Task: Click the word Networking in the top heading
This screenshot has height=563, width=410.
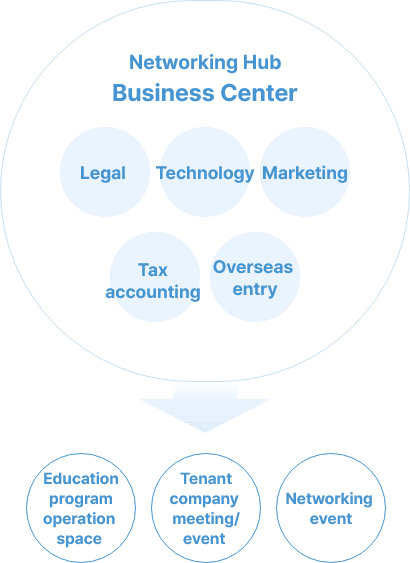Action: pos(183,63)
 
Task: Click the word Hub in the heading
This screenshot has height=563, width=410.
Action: pos(262,62)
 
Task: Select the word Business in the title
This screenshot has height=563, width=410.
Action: pos(163,93)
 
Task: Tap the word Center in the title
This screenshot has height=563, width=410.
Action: pos(258,93)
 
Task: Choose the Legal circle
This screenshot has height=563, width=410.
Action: pos(104,172)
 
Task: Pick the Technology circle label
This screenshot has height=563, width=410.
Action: pos(205,173)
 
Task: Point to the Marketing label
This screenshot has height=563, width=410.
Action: pos(305,173)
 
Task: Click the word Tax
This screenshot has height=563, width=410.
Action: pos(153,270)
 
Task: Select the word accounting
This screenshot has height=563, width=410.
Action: pos(153,292)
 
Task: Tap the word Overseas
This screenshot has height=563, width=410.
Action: pos(253,267)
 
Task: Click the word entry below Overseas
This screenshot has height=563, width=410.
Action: pos(255,289)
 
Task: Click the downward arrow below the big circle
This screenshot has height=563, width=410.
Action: pos(205,408)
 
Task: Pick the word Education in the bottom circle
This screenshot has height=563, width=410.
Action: pos(81,479)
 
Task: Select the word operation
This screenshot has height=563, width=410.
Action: pos(79,519)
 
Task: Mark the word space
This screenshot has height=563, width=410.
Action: pos(79,539)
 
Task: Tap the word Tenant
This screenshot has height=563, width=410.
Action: pos(206,479)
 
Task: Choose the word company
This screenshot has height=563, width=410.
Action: pos(204,499)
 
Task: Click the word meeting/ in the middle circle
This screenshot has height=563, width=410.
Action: pos(206,519)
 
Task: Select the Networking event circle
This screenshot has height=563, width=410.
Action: pos(331,508)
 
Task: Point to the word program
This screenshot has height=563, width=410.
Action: pos(81,499)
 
